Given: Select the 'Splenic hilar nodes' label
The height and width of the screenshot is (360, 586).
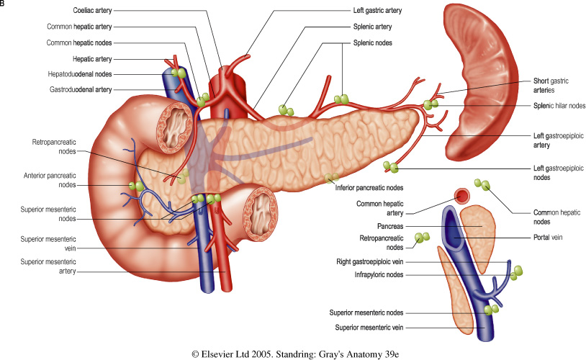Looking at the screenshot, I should tap(558, 106).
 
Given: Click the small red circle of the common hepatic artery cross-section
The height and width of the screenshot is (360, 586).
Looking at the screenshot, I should tap(461, 196).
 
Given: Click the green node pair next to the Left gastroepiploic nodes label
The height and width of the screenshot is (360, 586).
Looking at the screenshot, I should tap(391, 167).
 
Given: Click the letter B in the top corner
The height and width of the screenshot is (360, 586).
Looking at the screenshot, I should tap(4, 4).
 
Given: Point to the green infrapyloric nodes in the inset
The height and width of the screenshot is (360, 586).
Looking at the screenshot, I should tap(516, 271).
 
